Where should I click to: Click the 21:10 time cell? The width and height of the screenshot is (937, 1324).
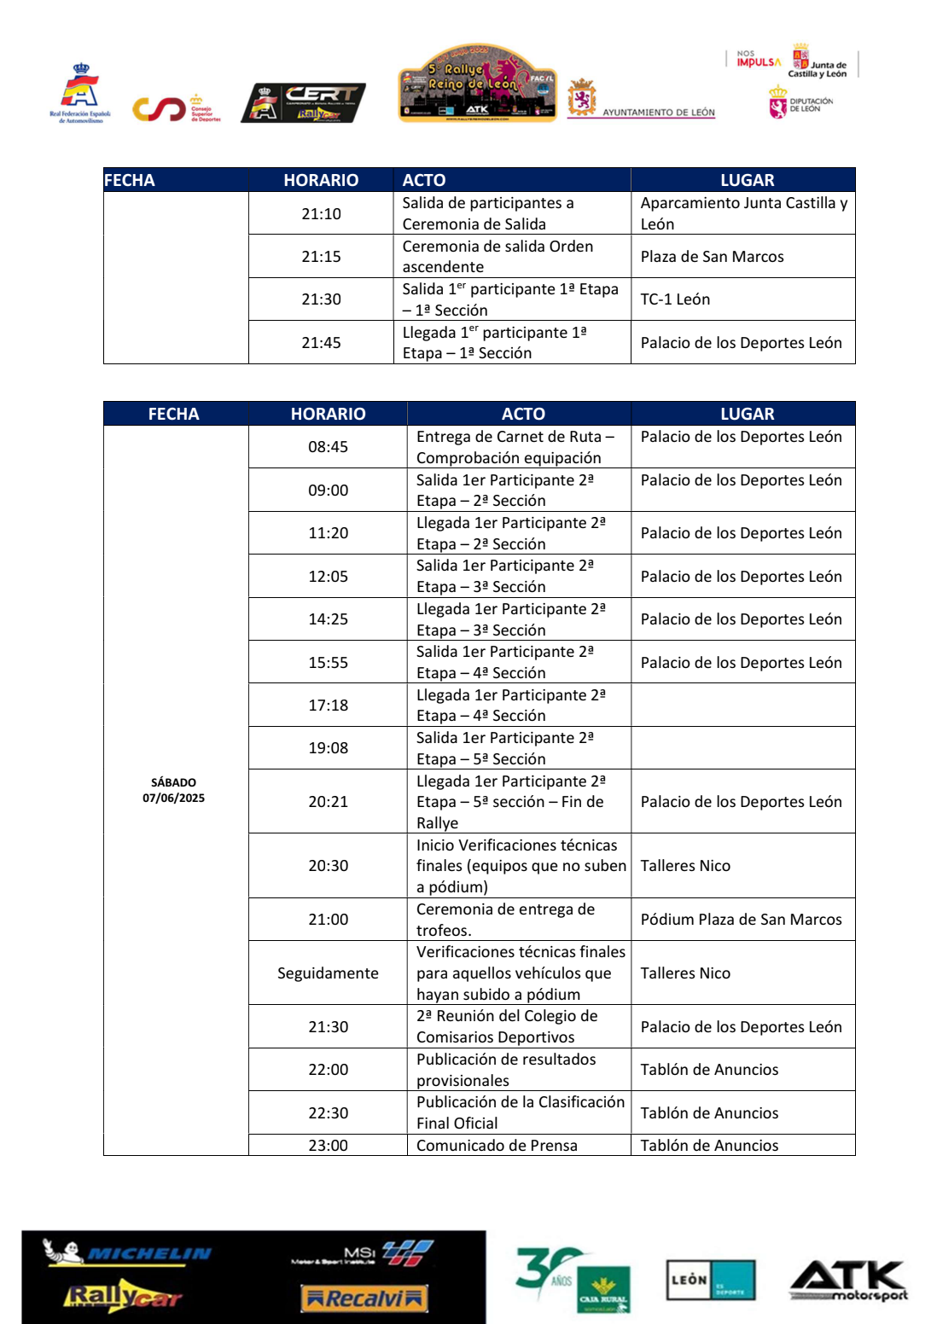(321, 213)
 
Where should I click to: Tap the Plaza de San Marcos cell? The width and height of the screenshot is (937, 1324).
(712, 257)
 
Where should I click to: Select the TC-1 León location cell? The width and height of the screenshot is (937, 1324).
(675, 299)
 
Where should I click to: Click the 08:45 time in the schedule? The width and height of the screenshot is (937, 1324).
(328, 447)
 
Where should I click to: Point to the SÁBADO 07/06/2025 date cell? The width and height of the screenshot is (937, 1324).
(173, 790)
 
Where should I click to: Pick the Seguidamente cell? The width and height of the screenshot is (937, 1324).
(328, 973)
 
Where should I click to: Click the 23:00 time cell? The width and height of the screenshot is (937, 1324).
(328, 1146)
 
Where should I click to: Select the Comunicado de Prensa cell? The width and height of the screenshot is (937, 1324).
(497, 1146)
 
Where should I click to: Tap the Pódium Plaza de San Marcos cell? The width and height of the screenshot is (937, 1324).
(741, 920)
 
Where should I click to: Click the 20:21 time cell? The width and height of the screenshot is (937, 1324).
(328, 802)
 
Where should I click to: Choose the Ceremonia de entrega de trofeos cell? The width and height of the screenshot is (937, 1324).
(505, 920)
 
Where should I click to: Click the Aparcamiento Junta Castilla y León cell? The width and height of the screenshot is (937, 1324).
(742, 213)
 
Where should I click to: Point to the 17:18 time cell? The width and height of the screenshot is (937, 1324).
(328, 706)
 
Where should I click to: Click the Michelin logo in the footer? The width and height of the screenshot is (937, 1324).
(128, 1253)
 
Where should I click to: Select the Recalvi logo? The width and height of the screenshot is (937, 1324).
(364, 1298)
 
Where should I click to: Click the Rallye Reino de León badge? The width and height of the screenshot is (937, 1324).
(478, 84)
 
